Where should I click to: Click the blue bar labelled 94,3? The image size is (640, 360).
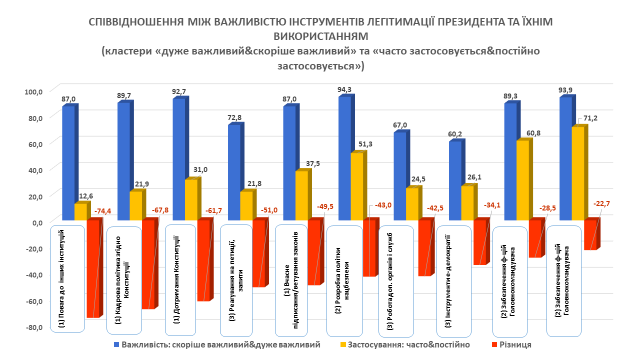pos(344,158)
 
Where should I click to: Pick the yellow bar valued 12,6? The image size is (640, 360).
pos(80,211)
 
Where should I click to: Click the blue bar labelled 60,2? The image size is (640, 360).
pos(454,180)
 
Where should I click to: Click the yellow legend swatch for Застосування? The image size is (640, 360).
pos(342,345)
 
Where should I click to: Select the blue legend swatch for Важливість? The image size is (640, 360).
pos(116,345)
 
